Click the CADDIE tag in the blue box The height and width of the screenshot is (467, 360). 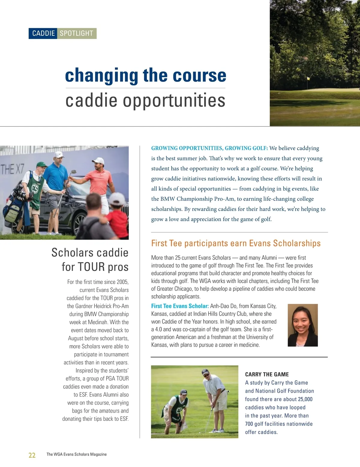(x=43, y=33)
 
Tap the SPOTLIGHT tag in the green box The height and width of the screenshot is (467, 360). (x=76, y=33)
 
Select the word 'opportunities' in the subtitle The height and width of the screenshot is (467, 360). (x=174, y=100)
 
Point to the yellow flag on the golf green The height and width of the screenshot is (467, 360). (x=308, y=79)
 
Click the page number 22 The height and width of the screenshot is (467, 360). (x=32, y=455)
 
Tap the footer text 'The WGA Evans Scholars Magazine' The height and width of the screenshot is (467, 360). (x=76, y=454)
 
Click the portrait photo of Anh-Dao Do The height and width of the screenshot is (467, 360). (x=302, y=325)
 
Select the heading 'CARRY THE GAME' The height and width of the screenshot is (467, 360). (x=267, y=374)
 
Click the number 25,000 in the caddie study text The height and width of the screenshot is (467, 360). (x=305, y=399)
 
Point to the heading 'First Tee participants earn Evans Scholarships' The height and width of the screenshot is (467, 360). (x=236, y=243)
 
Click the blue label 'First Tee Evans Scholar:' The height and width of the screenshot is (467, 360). (x=180, y=306)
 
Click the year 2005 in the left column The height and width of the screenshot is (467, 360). (x=122, y=282)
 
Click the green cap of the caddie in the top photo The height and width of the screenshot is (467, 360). (x=41, y=164)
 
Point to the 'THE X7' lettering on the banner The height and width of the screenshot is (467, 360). (x=12, y=170)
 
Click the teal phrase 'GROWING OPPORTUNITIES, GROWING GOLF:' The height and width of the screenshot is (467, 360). (x=209, y=148)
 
